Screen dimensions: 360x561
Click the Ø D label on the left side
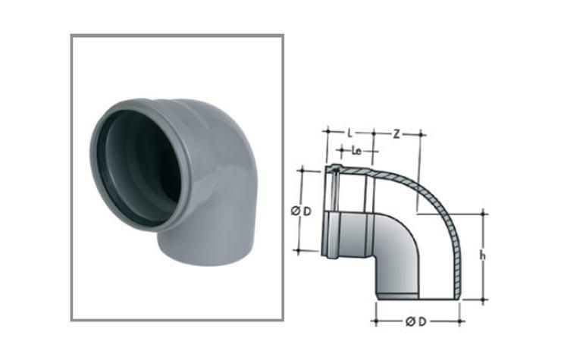click(x=301, y=211)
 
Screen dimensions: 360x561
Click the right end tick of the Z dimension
click(x=419, y=134)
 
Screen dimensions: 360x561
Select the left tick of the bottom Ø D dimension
click(x=375, y=322)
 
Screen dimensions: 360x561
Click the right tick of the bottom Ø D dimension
click(x=460, y=322)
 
